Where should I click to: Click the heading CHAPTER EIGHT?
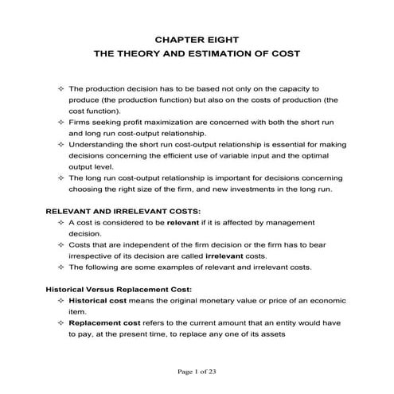[x=197, y=37]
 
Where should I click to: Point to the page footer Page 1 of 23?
[x=197, y=371]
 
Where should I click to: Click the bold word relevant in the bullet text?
[x=179, y=224]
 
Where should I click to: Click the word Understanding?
[x=98, y=146]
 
